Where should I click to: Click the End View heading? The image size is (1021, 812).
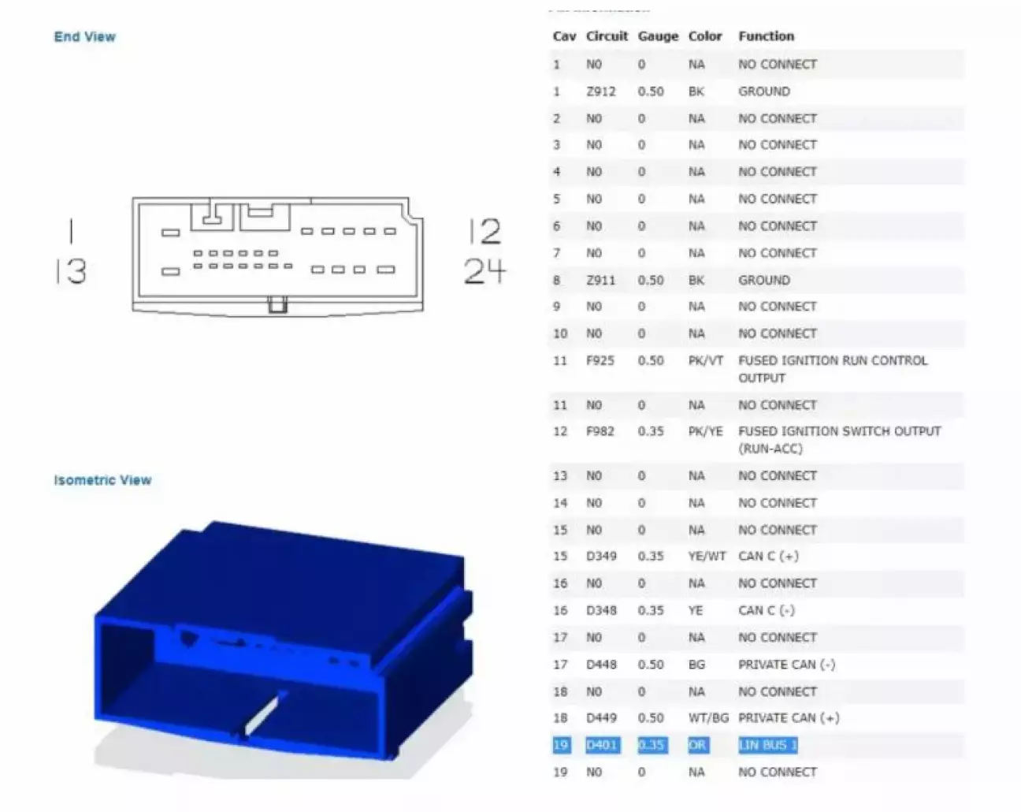tap(84, 36)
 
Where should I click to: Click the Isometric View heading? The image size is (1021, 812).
tap(102, 480)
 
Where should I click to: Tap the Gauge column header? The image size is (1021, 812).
tap(658, 36)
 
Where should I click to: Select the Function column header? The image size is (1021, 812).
tap(766, 36)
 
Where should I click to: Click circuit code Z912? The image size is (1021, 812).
tap(600, 91)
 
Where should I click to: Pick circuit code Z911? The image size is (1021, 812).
tap(600, 280)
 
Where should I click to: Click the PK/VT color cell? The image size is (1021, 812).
tap(706, 361)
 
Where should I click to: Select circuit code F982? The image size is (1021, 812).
tap(600, 431)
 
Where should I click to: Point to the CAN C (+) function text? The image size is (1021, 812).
tap(768, 556)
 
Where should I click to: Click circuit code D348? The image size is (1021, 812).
tap(601, 610)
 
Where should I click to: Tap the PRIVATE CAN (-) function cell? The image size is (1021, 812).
tap(786, 665)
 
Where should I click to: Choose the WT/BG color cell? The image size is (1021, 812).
tap(708, 718)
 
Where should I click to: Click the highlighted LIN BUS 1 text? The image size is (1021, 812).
tap(767, 745)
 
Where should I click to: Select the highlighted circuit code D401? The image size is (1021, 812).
tap(602, 745)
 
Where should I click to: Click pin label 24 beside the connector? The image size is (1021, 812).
tap(485, 271)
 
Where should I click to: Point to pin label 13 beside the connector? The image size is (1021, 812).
tap(72, 271)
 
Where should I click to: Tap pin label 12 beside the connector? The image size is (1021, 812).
tap(485, 231)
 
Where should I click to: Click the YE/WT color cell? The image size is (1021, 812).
tap(707, 556)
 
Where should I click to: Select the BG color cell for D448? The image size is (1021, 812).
tap(696, 665)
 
